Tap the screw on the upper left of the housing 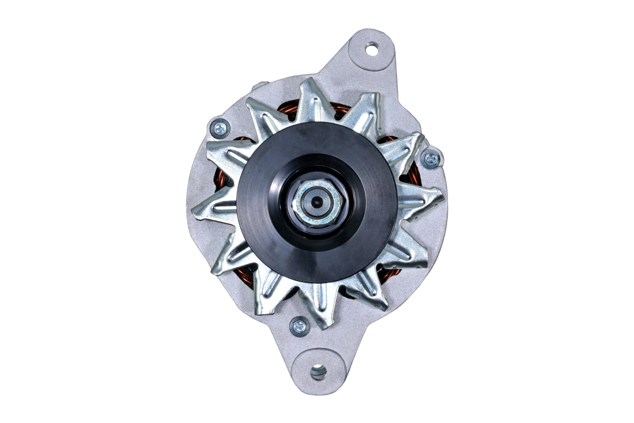coord(220,128)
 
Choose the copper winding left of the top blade coord(287,112)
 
